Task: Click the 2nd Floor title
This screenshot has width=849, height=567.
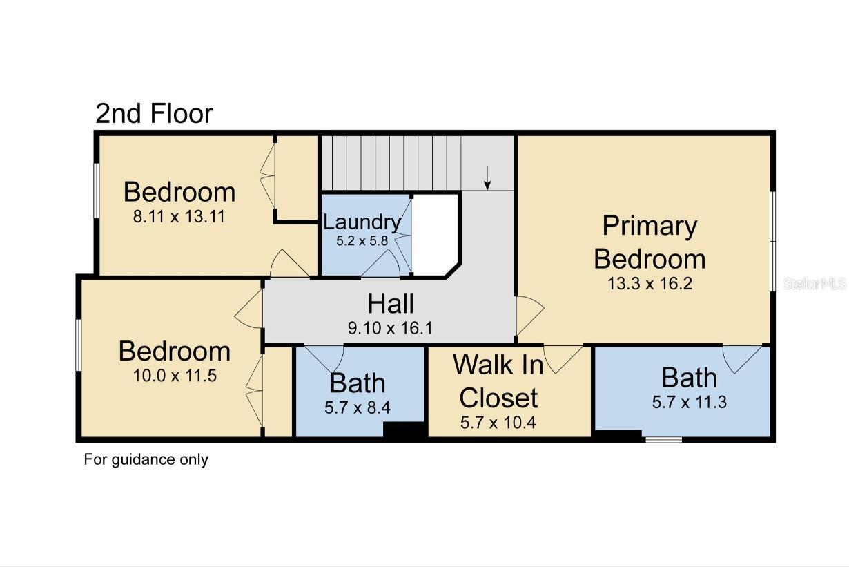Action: coord(154,113)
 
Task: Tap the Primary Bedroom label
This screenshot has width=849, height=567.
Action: coord(650,242)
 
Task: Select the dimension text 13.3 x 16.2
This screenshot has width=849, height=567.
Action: coord(650,283)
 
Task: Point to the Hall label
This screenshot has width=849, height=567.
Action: coord(391,303)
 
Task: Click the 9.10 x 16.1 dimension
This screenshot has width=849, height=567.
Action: coord(390,327)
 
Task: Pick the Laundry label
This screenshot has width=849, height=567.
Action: coord(362,222)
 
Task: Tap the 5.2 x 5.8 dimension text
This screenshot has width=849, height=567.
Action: coord(362,240)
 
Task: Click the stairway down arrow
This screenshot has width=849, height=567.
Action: coord(487,178)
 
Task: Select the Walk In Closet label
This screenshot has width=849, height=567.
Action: coord(498,381)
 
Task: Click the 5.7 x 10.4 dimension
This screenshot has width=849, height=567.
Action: coord(498,422)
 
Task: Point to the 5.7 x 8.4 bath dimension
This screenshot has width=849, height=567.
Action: coord(358,407)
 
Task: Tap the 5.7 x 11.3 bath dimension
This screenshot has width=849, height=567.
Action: coord(690,402)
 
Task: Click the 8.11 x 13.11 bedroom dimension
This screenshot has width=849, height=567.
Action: coord(179,216)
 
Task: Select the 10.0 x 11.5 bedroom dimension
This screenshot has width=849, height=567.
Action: coord(175,376)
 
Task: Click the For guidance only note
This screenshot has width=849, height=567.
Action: coord(146,459)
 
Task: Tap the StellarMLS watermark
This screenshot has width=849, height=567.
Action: coord(814,283)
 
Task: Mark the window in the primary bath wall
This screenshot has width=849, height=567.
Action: coord(663,440)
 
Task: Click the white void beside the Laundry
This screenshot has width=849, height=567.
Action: coord(435,235)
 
